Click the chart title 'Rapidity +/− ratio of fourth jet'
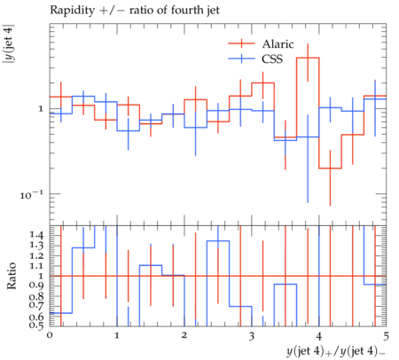135,11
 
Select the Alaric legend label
278,44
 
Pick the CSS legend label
272,59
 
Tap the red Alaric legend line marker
241,43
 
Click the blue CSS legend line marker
241,59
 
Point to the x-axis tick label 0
50,335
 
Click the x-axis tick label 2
184,335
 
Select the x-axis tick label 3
252,336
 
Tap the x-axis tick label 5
386,336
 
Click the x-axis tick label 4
319,336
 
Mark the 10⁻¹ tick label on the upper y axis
31,194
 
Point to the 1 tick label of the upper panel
41,109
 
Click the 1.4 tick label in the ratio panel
36,236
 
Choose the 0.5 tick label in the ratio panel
36,325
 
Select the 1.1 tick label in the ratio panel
36,266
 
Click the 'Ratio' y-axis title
12,276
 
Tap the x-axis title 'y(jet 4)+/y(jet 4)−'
336,351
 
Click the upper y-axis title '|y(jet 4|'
9,43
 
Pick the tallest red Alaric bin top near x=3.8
308,58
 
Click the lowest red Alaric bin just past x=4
330,168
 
